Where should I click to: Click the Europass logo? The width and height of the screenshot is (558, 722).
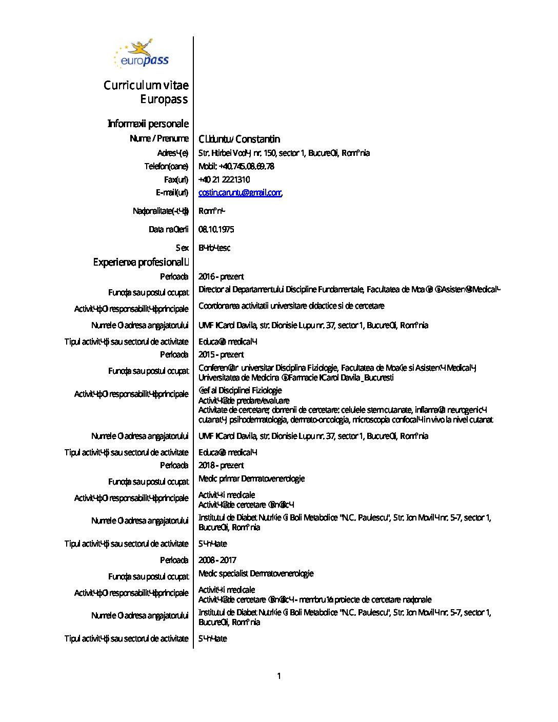point(141,54)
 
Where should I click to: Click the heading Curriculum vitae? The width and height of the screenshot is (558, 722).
point(146,85)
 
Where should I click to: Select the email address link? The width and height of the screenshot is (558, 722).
point(240,193)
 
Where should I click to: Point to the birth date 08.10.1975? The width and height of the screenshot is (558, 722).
point(216,229)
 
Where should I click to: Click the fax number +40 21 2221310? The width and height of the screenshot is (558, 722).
point(224,179)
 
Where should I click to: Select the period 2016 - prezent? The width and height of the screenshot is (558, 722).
point(221,276)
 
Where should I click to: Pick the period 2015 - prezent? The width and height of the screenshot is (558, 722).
point(221,354)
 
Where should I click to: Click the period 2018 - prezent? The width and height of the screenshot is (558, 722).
point(221,465)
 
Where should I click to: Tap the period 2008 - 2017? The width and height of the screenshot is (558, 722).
point(217,560)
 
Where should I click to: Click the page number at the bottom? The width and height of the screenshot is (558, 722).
point(279,676)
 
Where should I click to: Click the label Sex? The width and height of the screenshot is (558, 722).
point(182,248)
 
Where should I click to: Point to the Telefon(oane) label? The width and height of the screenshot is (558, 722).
point(166,166)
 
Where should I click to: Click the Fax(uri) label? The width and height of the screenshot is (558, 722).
point(176,179)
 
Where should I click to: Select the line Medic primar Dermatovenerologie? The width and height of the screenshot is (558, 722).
point(251,478)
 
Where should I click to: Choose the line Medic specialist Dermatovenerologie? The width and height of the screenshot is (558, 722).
point(256,573)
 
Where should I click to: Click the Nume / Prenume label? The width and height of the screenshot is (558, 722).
point(159,138)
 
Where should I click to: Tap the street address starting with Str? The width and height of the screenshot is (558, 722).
point(284,153)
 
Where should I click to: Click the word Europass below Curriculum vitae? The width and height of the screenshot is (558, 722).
point(164,99)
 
